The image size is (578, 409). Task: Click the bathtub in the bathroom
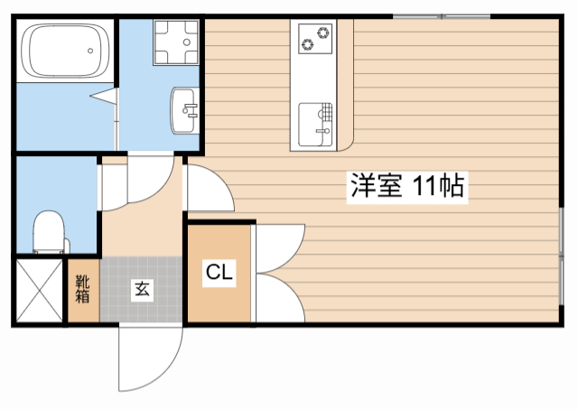[65, 51]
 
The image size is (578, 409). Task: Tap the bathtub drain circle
[90, 51]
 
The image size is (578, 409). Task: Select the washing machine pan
[176, 42]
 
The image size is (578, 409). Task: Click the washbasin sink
[184, 110]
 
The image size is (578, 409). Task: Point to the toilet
[51, 232]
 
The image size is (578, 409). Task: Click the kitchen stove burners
[315, 39]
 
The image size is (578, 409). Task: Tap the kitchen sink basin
[315, 125]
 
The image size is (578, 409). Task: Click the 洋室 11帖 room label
[407, 187]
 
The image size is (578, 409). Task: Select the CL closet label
[219, 273]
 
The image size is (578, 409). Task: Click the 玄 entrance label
[143, 289]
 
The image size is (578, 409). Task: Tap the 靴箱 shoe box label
[83, 289]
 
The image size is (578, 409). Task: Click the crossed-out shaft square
[40, 291]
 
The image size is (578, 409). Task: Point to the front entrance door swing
[151, 358]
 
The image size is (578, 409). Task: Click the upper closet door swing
[280, 248]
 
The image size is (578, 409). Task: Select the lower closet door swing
[280, 298]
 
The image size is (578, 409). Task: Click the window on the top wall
[442, 16]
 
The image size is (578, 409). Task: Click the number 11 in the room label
[424, 187]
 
